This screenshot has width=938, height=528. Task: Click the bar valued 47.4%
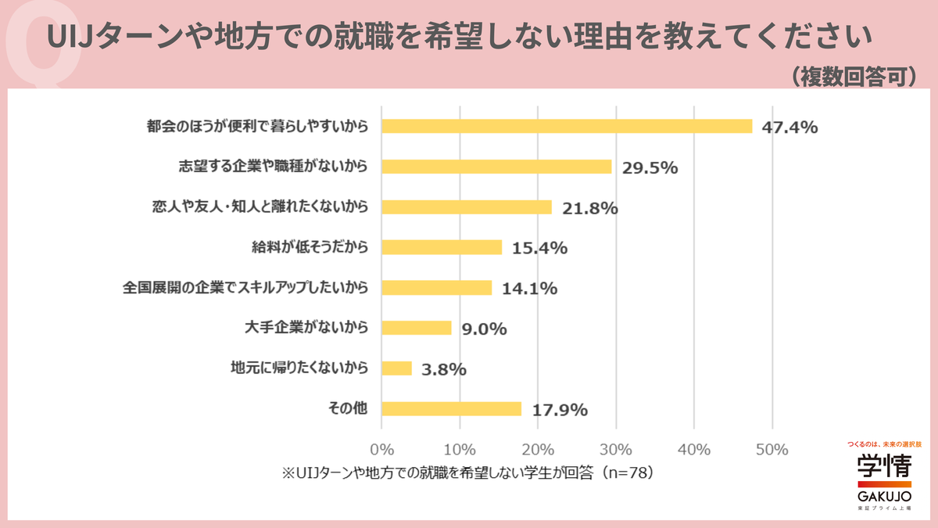click(567, 126)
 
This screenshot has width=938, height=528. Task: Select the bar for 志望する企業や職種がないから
click(496, 167)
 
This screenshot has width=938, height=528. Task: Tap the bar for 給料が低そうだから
click(442, 247)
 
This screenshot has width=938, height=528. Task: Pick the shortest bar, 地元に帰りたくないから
click(396, 368)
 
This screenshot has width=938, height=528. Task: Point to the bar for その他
click(451, 408)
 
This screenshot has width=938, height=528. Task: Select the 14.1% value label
click(529, 289)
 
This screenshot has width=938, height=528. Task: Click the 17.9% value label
click(559, 410)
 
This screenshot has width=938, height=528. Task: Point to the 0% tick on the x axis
click(381, 450)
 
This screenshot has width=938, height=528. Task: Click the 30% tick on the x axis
click(616, 450)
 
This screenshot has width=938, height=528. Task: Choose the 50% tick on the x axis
click(772, 450)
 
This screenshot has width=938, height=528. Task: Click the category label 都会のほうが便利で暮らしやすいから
click(257, 126)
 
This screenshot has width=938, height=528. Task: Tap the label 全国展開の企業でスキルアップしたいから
click(245, 287)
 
